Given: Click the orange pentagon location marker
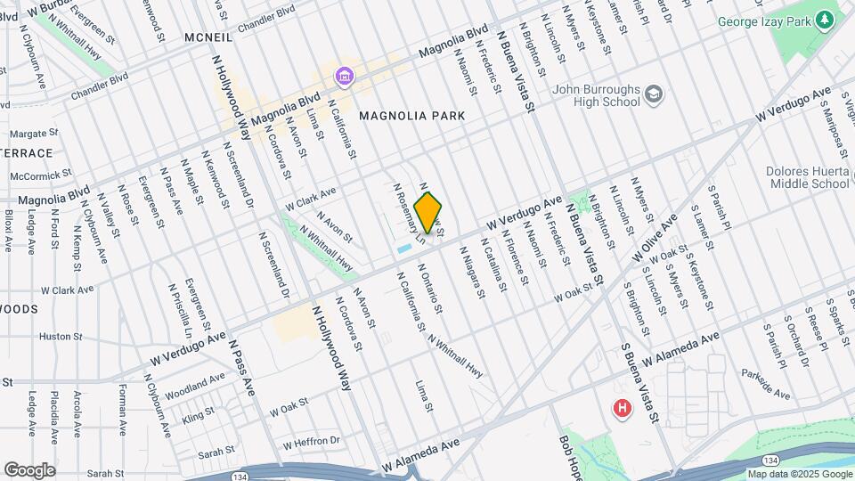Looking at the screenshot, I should (428, 214).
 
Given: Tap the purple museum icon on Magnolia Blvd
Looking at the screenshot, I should (344, 78).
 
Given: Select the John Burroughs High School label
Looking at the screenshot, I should (596, 95).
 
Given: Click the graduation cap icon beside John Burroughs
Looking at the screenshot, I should (655, 94).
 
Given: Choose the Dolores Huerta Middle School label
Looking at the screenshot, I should (808, 177).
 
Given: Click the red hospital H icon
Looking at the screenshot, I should (622, 409).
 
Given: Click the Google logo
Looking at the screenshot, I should (30, 469).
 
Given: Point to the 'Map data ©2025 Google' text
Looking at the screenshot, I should (798, 474).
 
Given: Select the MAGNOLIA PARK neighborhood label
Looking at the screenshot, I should (411, 117).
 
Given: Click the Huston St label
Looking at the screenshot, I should (61, 337).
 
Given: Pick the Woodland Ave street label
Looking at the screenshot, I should (195, 384).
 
